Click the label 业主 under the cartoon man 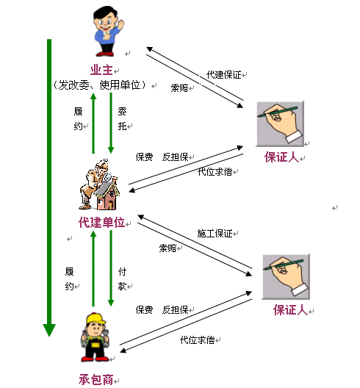101,70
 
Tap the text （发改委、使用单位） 99,85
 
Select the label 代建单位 101,222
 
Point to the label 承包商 96,379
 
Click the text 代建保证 223,75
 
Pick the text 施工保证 215,234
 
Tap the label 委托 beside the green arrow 122,119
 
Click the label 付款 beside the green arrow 122,279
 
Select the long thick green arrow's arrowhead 49,330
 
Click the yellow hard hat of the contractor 96,318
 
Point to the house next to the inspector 107,195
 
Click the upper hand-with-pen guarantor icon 280,123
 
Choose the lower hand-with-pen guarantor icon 286,276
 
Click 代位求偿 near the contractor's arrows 197,340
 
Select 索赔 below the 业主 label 179,88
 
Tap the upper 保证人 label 281,157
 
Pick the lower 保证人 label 290,310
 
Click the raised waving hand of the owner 120,24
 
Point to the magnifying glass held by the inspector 108,177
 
